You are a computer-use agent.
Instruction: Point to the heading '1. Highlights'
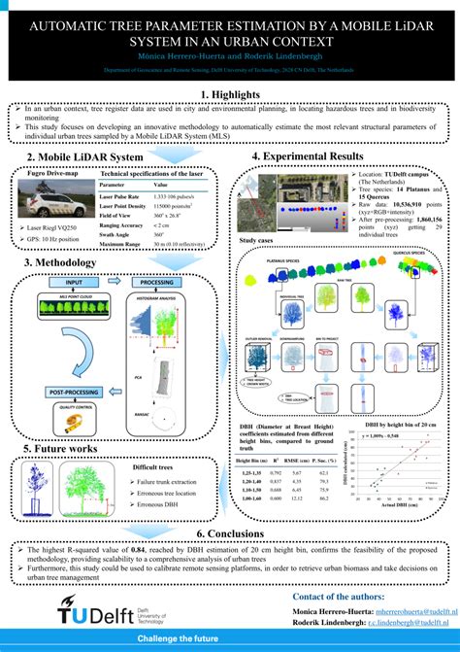(x=230, y=94)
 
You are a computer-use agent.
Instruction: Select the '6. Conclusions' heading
(x=230, y=534)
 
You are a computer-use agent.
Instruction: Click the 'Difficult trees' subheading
(x=152, y=467)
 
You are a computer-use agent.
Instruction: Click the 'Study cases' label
(x=258, y=241)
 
